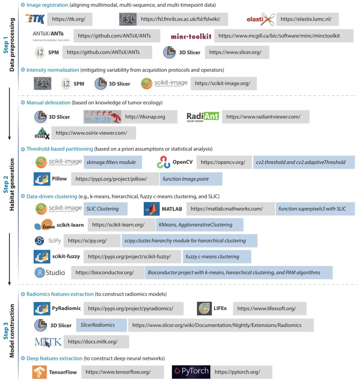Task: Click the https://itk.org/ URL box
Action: [x=69, y=19]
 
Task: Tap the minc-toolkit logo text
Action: [x=191, y=36]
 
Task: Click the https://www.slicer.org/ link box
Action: [x=237, y=52]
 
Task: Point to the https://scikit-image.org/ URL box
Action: [x=223, y=84]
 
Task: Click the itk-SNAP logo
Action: [x=102, y=117]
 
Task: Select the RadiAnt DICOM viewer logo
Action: [x=203, y=117]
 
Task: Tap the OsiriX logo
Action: [x=42, y=133]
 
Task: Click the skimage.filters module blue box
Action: [x=112, y=162]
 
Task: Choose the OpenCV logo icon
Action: [x=163, y=162]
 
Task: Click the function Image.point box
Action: [x=191, y=179]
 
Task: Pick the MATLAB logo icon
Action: [x=151, y=209]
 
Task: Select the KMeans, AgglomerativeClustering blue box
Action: [x=199, y=225]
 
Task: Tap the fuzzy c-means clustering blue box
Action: [x=216, y=257]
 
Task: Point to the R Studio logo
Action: [x=50, y=273]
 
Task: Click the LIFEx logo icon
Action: [x=204, y=309]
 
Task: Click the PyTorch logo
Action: [x=191, y=372]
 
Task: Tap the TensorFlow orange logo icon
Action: [x=39, y=372]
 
